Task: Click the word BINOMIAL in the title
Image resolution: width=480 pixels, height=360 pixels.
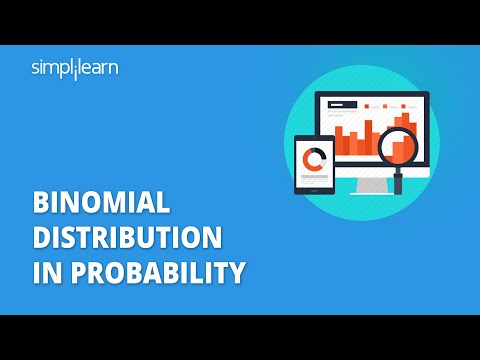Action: coord(101,206)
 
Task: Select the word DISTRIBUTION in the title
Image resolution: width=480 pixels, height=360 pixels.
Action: coord(127,239)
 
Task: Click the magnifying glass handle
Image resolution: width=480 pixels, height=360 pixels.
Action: coord(398,181)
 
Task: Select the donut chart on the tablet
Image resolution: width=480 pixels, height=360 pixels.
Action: coord(317,159)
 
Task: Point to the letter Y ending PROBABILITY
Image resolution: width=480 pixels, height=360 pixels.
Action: coord(237,272)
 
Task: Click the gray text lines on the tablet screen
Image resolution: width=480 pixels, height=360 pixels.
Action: coord(317,179)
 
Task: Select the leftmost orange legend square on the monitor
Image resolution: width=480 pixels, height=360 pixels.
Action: coord(367,104)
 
